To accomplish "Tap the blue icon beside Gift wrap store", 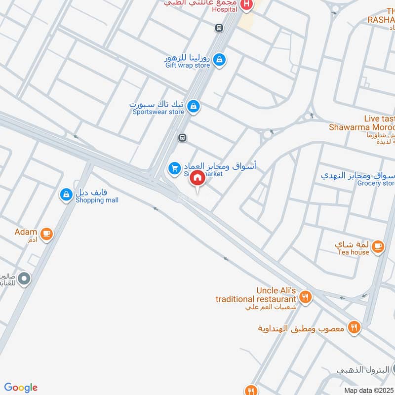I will (220, 61).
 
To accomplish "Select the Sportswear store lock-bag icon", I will (194, 106).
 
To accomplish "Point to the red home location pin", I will (197, 179).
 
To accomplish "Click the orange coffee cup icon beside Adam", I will (46, 234).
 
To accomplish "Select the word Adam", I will (26, 232).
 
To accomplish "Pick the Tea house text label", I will (353, 252).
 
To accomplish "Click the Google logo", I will (21, 388).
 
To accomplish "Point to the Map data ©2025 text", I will (369, 390).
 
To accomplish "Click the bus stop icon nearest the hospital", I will (218, 28).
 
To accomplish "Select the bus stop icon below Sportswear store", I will (183, 138).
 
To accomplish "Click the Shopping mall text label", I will (97, 200).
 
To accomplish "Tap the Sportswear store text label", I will (158, 112).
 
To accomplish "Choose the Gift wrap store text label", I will (188, 65).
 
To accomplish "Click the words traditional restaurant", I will (256, 299).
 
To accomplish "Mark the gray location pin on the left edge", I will (23, 279).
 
